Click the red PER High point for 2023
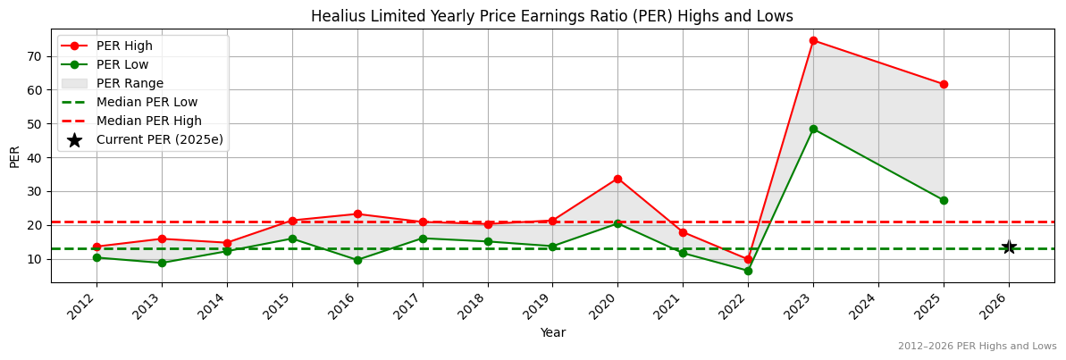coord(813,40)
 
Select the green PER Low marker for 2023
coord(813,129)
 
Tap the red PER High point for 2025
coord(944,84)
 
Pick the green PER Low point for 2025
coord(944,200)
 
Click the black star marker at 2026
coord(1009,247)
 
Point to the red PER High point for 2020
coord(617,179)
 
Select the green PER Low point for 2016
coord(357,260)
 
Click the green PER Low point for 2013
coord(162,263)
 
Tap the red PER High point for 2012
coord(97,247)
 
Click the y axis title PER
coord(14,155)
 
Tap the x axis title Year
coord(552,332)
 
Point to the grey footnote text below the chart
coord(977,346)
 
